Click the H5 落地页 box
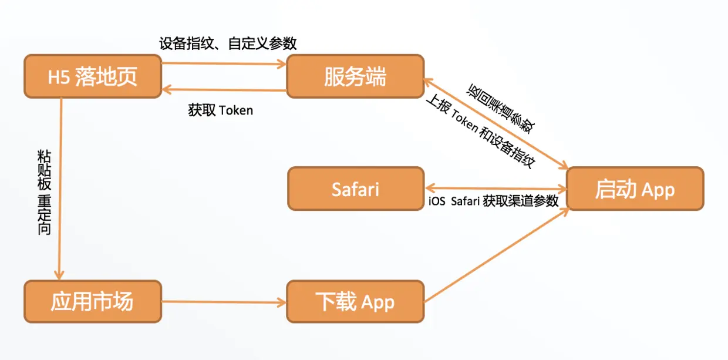(93, 76)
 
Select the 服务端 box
(355, 76)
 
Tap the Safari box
(355, 189)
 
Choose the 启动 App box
(635, 189)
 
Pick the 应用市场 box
(93, 301)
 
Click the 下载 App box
(355, 302)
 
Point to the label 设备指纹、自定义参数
(228, 43)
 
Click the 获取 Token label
(221, 110)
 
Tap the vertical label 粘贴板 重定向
(45, 192)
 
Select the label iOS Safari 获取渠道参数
(493, 201)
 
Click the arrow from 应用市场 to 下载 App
(223, 302)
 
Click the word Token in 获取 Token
(236, 110)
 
